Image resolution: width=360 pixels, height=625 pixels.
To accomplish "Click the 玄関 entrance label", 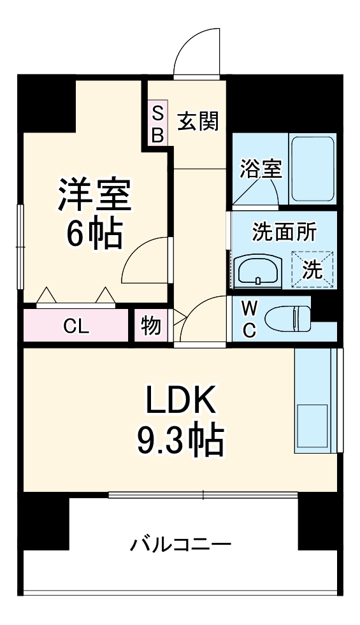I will (198, 120).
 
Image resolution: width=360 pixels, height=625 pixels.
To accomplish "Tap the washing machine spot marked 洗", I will (312, 269).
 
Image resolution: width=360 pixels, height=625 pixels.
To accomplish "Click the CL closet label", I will (76, 326).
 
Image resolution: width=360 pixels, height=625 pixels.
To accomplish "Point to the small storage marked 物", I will (150, 326).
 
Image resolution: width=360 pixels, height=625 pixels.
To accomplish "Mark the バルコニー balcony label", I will (180, 545).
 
